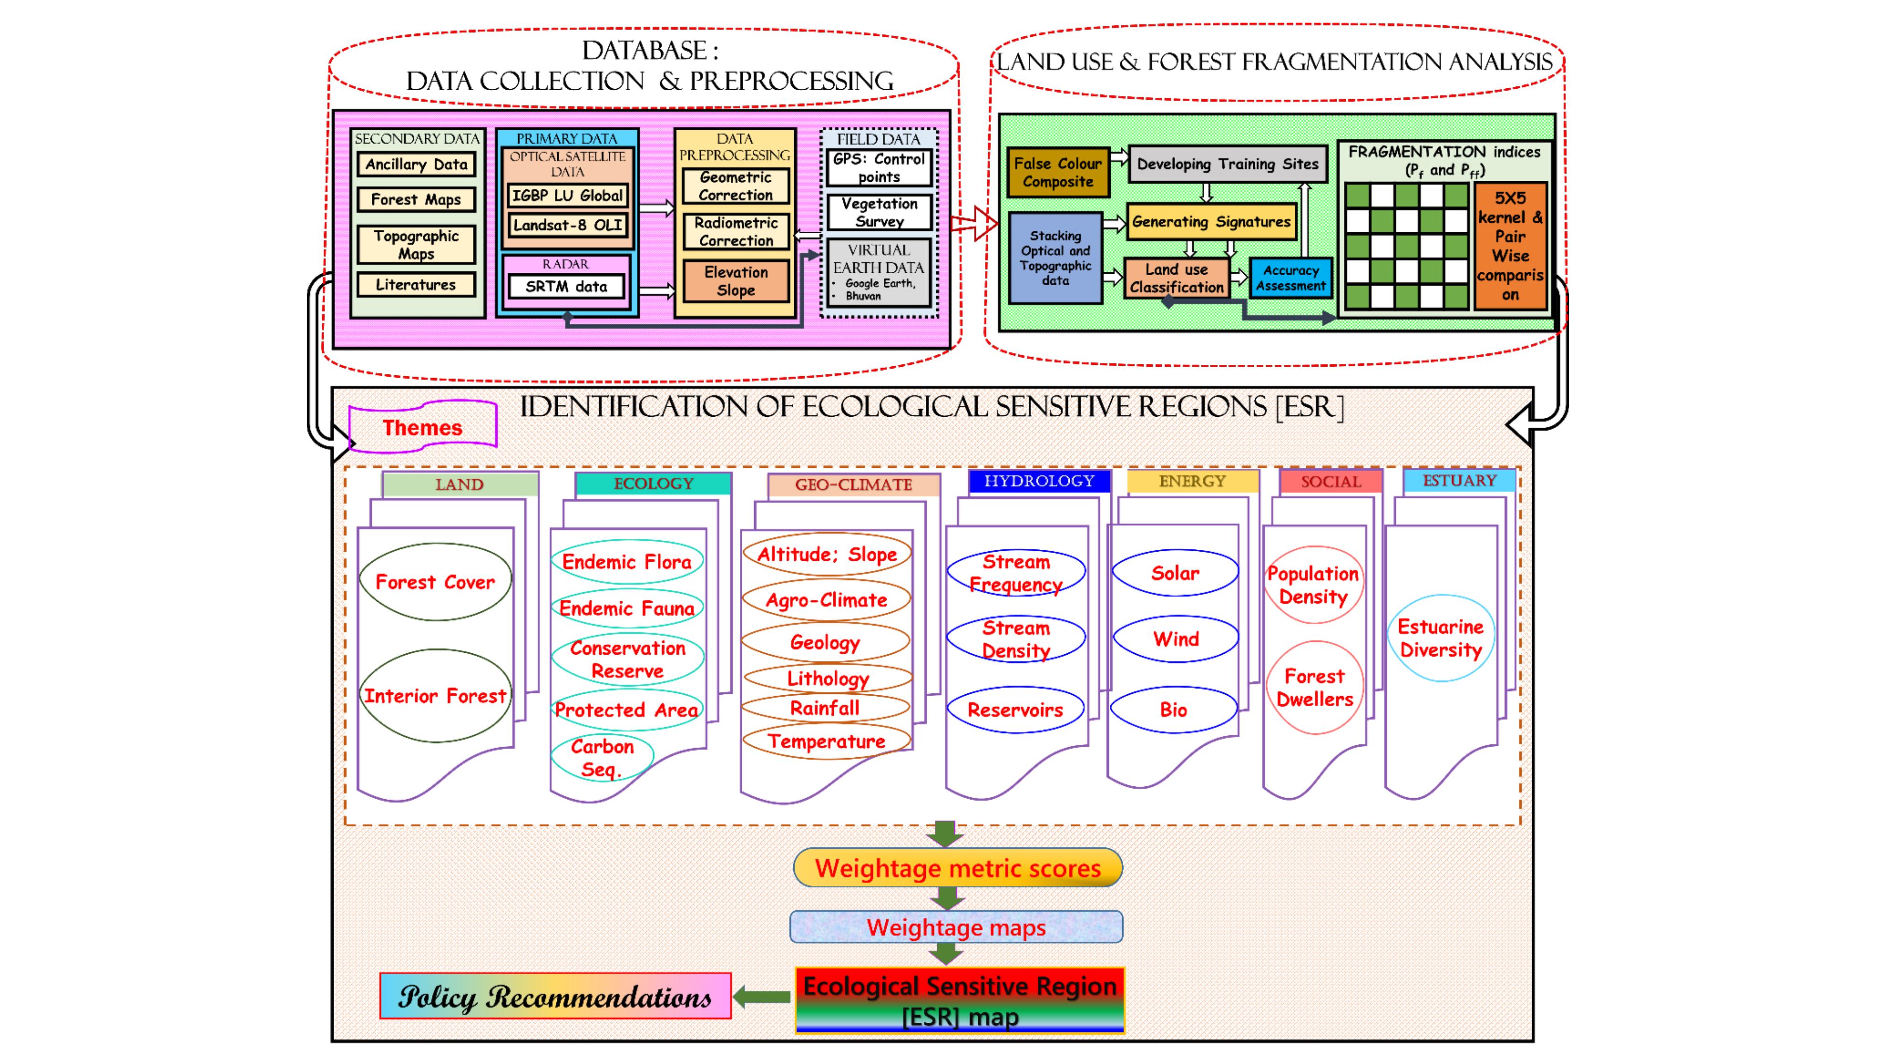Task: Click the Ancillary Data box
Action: [x=416, y=164]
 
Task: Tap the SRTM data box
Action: [x=566, y=287]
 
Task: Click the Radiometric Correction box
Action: [x=735, y=232]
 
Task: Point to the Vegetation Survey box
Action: [x=879, y=212]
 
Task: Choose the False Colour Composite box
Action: [x=1057, y=173]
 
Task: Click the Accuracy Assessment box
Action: [x=1290, y=278]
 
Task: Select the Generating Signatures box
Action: [x=1211, y=221]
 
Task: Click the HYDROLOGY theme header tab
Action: [x=1039, y=481]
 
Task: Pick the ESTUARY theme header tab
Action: [x=1459, y=481]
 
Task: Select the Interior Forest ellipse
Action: [x=436, y=696]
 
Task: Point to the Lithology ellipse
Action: [x=828, y=679]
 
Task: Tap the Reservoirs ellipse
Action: [x=1015, y=709]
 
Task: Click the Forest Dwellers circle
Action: [x=1315, y=688]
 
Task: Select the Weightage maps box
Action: [x=956, y=927]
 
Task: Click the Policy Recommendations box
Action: [x=555, y=996]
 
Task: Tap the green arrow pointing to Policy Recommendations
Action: [x=762, y=996]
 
